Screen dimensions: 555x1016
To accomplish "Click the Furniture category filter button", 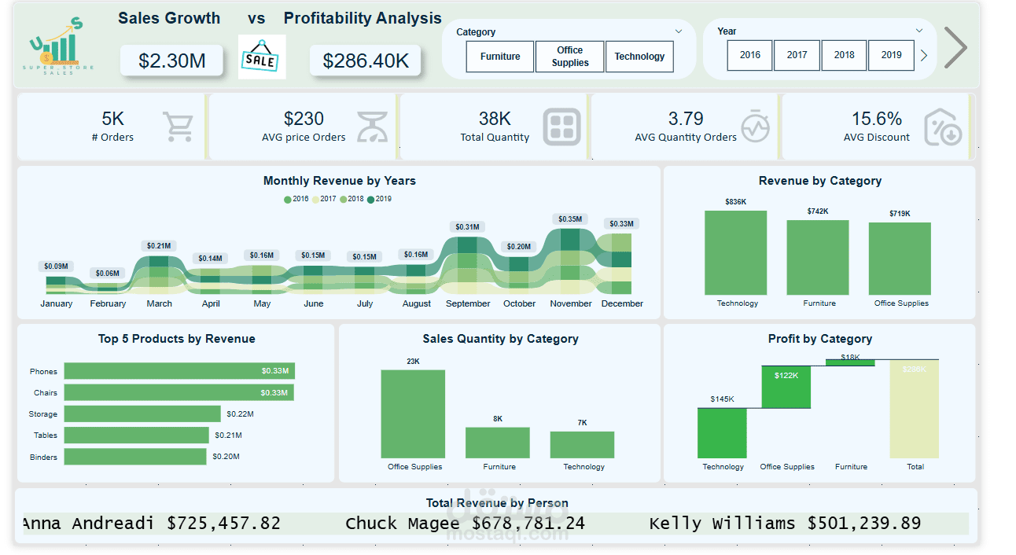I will (x=500, y=57).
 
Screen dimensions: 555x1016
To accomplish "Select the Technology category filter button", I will (x=639, y=57).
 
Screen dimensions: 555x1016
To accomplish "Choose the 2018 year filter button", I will (x=844, y=55).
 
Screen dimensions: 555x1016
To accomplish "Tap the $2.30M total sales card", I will (x=171, y=61).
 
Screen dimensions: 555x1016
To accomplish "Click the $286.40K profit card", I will (x=366, y=61).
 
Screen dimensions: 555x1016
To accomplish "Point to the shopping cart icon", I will (x=178, y=127).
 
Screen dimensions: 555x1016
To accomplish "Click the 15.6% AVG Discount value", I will (x=876, y=119).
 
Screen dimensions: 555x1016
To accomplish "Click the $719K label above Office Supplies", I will (x=900, y=213).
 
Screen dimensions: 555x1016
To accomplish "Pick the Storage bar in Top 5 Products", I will (x=142, y=413).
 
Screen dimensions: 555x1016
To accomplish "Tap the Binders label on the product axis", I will (x=43, y=457).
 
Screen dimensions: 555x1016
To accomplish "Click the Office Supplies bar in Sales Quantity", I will (x=414, y=413).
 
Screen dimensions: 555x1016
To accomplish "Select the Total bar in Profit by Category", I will (x=914, y=409).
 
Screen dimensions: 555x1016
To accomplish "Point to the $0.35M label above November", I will (x=571, y=219).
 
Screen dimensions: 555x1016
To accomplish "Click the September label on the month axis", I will (x=468, y=303).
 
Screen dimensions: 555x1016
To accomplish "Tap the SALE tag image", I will (x=261, y=58).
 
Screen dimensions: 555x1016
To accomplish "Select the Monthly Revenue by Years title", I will (x=339, y=181).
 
